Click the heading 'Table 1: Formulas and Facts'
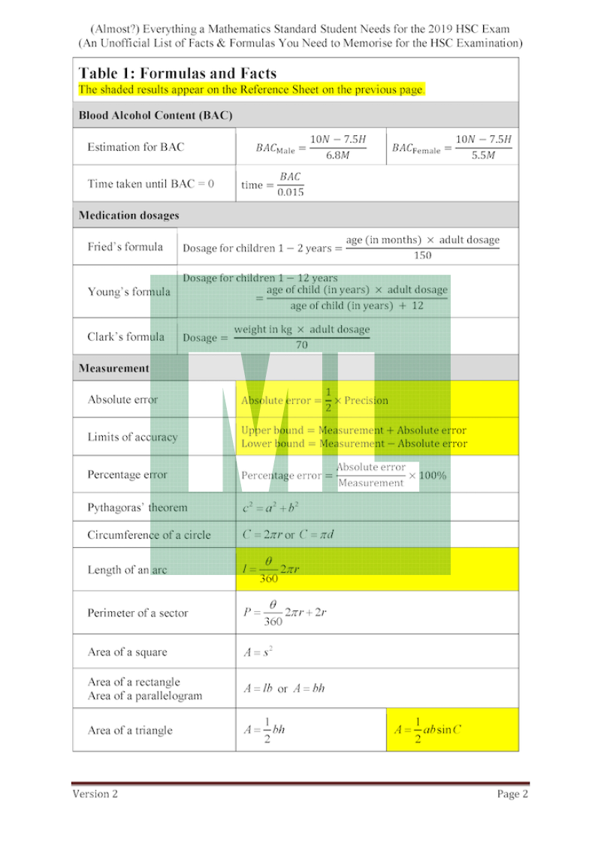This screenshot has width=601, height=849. point(177,74)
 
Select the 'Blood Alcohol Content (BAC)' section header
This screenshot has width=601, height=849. point(156,116)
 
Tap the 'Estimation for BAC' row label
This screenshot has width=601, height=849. point(135,147)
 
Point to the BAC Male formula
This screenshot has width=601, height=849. point(311,147)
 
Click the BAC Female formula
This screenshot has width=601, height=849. point(452,147)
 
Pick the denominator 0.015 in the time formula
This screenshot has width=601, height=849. point(291,192)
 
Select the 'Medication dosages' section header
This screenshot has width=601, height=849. point(129,215)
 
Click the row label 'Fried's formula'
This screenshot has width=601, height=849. point(125,247)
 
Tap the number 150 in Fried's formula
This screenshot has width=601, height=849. point(422,256)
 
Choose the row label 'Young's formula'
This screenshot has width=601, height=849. point(128,292)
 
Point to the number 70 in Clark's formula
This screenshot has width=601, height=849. point(301,345)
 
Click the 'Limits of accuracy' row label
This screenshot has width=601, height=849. point(132,437)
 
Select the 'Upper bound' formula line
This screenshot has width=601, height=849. point(353,430)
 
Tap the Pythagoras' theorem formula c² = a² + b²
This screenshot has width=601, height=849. point(270,507)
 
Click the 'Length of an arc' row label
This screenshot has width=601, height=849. point(127,570)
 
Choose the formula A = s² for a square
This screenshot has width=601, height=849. point(258,652)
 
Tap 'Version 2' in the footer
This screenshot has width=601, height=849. point(95,794)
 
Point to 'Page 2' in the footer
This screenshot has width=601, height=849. point(512,794)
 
